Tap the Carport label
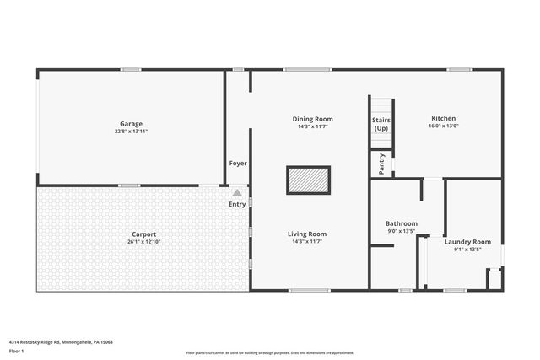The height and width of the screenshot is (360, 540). tap(143, 234)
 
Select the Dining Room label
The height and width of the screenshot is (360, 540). tap(313, 119)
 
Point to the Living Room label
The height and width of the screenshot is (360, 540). tap(307, 234)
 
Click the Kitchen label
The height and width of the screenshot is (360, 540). tap(444, 118)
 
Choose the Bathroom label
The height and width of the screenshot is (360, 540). tap(402, 223)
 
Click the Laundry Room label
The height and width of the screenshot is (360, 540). tap(467, 242)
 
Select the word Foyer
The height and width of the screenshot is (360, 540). tap(237, 163)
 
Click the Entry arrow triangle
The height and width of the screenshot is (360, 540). tap(237, 193)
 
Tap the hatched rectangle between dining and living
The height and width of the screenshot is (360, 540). tap(308, 180)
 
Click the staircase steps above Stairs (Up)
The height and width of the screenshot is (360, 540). tap(381, 106)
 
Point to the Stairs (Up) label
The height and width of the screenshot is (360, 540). tap(381, 124)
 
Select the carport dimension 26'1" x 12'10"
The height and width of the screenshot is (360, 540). tap(143, 241)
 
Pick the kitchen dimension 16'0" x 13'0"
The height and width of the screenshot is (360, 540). tap(444, 126)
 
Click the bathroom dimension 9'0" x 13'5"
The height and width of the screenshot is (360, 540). tap(402, 230)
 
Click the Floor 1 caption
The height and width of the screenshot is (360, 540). tap(17, 351)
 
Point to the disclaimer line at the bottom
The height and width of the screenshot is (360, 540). tap(270, 352)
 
